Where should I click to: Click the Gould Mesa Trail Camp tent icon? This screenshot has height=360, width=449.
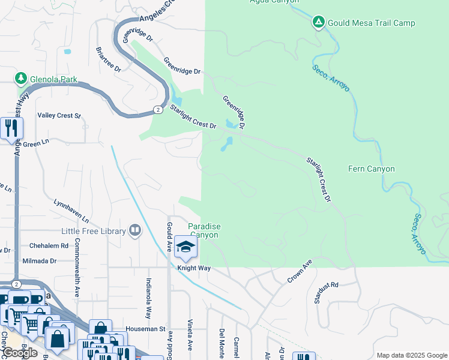click(318, 23)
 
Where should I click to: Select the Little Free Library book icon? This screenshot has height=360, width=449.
click(135, 230)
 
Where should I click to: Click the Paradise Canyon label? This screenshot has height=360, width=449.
click(204, 230)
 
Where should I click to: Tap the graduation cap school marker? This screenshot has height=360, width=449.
click(186, 248)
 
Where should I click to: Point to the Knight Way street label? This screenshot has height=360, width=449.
click(193, 268)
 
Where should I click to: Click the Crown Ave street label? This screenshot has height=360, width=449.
click(300, 271)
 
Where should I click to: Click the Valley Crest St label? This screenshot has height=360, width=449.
click(59, 115)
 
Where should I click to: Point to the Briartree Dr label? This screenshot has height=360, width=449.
click(109, 60)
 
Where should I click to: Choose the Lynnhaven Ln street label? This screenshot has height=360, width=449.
click(71, 210)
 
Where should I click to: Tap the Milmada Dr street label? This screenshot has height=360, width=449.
click(39, 261)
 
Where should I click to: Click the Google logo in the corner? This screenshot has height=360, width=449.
click(20, 353)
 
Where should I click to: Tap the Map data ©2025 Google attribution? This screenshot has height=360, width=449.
click(411, 355)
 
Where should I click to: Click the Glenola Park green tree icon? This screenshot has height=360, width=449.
click(21, 79)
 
